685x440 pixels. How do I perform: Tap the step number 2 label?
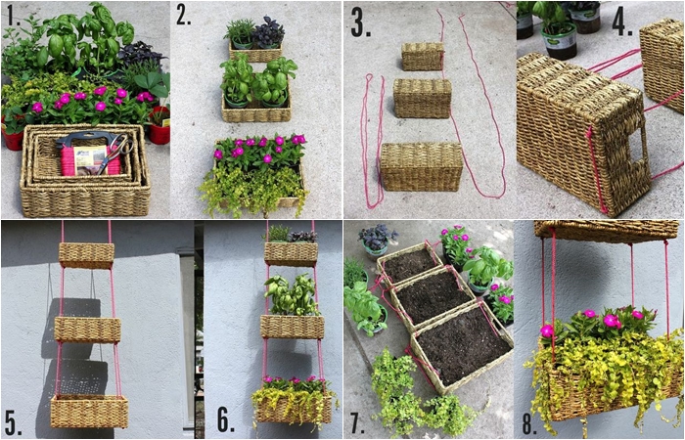(184, 17)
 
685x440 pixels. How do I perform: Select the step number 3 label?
(361, 24)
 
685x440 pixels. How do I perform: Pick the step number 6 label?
(226, 421)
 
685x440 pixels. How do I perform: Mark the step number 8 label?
(530, 421)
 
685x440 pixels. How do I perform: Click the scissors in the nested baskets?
(114, 153)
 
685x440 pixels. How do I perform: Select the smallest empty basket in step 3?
(423, 57)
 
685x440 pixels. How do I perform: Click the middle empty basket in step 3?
(422, 98)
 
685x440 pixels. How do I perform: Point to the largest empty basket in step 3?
(421, 167)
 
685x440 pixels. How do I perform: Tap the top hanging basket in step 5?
(86, 255)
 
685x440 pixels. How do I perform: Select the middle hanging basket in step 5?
(87, 330)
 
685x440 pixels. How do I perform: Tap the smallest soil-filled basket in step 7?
(409, 265)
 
